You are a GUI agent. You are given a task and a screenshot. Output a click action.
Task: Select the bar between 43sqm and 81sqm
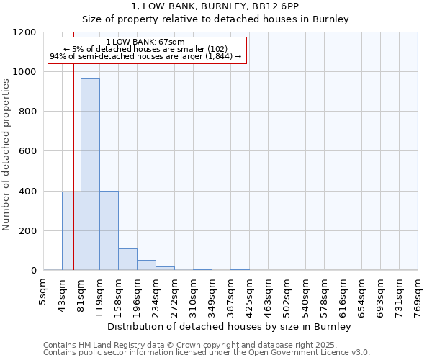71,230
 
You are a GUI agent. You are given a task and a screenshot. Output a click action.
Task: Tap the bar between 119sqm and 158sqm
109,230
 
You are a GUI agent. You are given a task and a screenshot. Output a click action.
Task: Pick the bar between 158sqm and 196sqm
127,259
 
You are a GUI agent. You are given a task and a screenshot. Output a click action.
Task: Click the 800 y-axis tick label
27,112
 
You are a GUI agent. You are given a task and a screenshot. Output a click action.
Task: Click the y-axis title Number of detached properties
6,155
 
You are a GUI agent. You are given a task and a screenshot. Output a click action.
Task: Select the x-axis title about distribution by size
230,327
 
